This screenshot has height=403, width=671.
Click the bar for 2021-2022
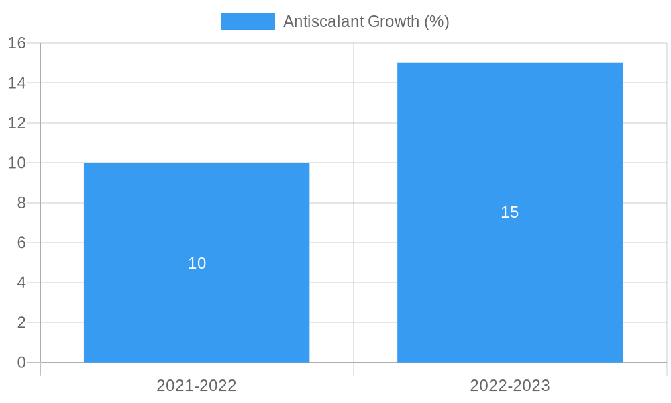point(197,302)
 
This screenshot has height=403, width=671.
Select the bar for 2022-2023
point(510,269)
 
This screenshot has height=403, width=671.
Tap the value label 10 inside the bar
point(197,263)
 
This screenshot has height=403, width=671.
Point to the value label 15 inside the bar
point(510,212)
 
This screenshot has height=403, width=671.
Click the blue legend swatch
point(248,21)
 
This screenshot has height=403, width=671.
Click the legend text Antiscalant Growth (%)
point(366,21)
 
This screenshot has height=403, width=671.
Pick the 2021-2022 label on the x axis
point(197,386)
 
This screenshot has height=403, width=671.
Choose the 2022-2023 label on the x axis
point(510,386)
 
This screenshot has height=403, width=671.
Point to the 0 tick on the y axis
point(21,363)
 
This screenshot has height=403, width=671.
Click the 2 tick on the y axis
point(21,322)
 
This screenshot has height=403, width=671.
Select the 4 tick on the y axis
point(21,283)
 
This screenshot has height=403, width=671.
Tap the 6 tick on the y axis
point(21,242)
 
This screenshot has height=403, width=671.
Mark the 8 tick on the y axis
point(21,203)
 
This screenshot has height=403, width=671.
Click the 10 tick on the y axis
point(17,163)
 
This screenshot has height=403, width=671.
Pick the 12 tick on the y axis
point(17,123)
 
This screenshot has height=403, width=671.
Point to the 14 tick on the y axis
point(17,83)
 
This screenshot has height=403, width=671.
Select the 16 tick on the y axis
point(17,43)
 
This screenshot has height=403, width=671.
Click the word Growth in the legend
point(394,21)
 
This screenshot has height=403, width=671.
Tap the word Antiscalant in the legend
point(323,21)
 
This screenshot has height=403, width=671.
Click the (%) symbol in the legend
point(437,21)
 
